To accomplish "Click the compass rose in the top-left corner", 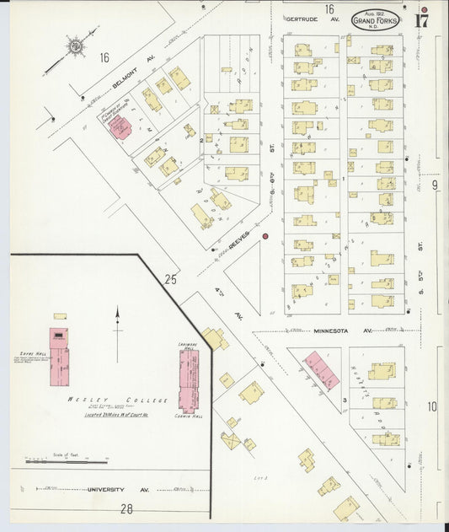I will click(77, 46).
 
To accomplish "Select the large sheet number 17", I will click(420, 21).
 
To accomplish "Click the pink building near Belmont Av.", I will click(120, 127).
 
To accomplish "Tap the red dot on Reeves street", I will click(265, 237).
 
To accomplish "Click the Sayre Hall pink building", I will click(58, 349).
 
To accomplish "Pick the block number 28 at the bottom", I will click(126, 508).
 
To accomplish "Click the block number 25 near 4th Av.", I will click(172, 278).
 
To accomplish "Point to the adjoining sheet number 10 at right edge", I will click(432, 406).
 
